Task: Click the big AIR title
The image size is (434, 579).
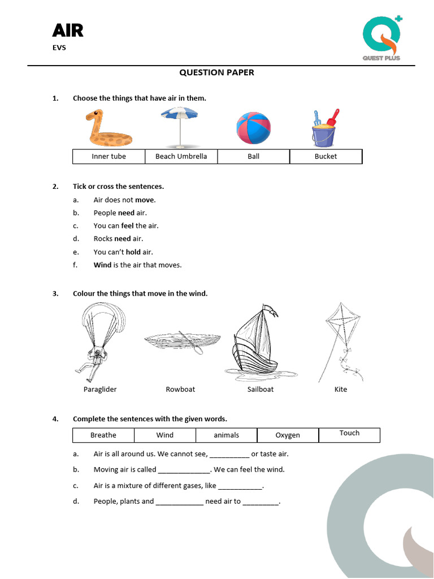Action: [68, 31]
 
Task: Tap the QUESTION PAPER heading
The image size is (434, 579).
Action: [216, 72]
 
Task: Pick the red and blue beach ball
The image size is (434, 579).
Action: [253, 128]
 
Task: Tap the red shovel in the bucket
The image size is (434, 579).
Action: [333, 118]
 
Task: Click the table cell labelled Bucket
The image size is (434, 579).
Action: [325, 157]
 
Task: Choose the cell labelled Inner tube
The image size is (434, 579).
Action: [108, 157]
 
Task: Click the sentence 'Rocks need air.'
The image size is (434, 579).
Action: [118, 239]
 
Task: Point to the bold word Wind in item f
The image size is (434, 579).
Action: [102, 265]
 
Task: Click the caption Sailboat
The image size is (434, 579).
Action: [260, 390]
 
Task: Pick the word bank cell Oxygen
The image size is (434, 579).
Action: [288, 435]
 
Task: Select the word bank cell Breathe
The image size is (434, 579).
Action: [103, 435]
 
